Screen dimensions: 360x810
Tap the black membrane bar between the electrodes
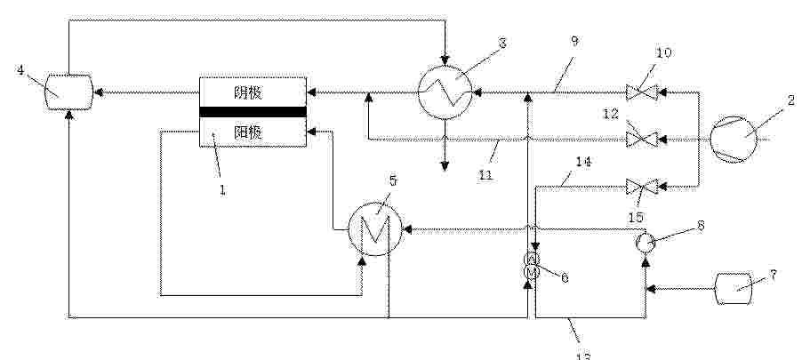(x=253, y=112)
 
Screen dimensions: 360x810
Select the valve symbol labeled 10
(x=638, y=92)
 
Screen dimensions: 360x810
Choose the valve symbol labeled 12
(x=638, y=139)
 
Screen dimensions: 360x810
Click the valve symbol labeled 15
(x=638, y=187)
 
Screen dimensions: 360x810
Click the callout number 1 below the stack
(x=222, y=188)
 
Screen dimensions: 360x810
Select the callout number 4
(x=20, y=68)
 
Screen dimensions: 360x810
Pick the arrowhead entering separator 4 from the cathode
(x=99, y=91)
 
